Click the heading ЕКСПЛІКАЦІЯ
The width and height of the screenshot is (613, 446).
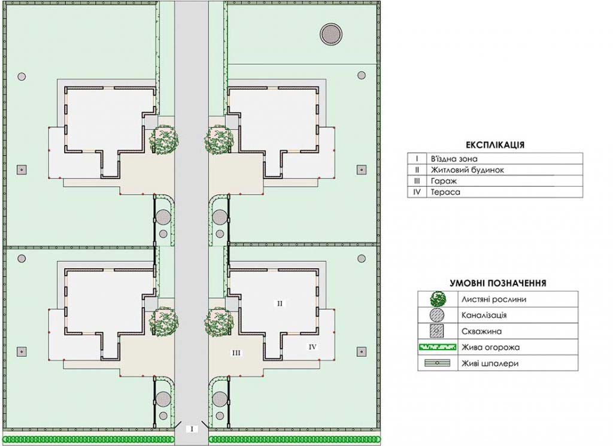495,145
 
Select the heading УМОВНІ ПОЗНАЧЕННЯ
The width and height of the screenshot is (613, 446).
497,283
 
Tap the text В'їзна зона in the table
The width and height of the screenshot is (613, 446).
454,159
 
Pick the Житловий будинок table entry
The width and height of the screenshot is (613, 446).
467,170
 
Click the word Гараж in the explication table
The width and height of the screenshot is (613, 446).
444,181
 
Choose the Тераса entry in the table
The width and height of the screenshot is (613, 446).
445,192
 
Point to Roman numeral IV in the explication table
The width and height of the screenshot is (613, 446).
417,192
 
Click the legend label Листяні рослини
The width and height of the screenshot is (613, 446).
494,299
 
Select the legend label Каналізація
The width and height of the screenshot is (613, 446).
484,315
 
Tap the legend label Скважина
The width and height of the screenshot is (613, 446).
481,332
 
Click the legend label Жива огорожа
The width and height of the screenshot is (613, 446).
491,347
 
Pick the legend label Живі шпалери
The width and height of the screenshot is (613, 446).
490,363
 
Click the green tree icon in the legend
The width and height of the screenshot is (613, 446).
438,299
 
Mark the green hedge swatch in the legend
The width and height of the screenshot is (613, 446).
438,347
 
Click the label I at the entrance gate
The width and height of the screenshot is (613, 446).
192,429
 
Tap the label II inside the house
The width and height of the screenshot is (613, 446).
280,303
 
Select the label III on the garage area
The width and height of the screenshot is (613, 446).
236,353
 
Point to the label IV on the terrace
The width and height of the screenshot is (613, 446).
312,347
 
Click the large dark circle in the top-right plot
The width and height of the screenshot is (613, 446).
331,34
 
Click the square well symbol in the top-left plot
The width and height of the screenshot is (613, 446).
22,169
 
